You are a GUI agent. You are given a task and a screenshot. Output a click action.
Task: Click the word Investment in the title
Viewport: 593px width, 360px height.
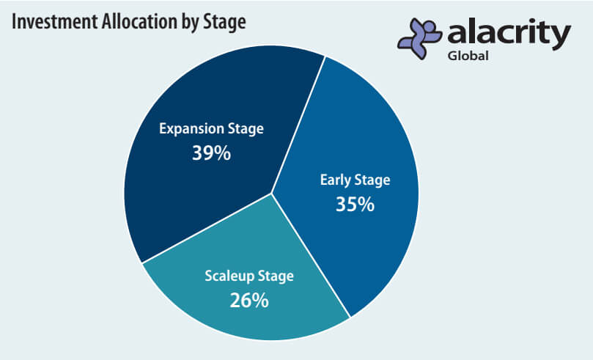tap(54, 21)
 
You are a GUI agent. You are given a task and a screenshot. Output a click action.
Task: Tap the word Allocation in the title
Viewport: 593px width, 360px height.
tap(139, 21)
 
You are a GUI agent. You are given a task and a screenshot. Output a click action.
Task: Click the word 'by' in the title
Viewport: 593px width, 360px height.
tap(190, 23)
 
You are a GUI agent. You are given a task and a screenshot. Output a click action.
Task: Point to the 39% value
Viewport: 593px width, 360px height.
tap(211, 153)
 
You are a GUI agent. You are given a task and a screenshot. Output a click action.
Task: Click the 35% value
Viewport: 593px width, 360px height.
tap(355, 205)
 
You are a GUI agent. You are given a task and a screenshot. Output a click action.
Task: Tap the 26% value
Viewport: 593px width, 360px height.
tap(248, 301)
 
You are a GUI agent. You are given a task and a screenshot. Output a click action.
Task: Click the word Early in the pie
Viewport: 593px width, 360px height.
tap(335, 180)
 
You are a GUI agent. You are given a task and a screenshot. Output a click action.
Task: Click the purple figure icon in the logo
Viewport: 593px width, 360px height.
tap(419, 38)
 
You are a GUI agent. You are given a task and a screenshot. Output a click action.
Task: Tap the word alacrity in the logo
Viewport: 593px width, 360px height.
tap(509, 34)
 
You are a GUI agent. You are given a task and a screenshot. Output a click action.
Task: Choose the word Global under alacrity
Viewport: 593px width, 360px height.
tap(468, 56)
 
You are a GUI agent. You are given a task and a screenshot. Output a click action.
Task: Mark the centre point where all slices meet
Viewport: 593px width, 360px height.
tap(271, 194)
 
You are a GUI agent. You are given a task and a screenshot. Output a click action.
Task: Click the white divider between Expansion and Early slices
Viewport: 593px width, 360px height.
tap(298, 125)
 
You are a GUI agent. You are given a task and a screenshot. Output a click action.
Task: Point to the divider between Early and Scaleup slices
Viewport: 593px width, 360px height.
tap(311, 255)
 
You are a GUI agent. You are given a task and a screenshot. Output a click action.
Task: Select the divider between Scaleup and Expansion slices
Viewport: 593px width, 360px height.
tap(207, 228)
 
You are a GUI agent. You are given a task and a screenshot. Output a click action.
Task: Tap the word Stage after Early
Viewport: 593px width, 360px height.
tap(372, 181)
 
